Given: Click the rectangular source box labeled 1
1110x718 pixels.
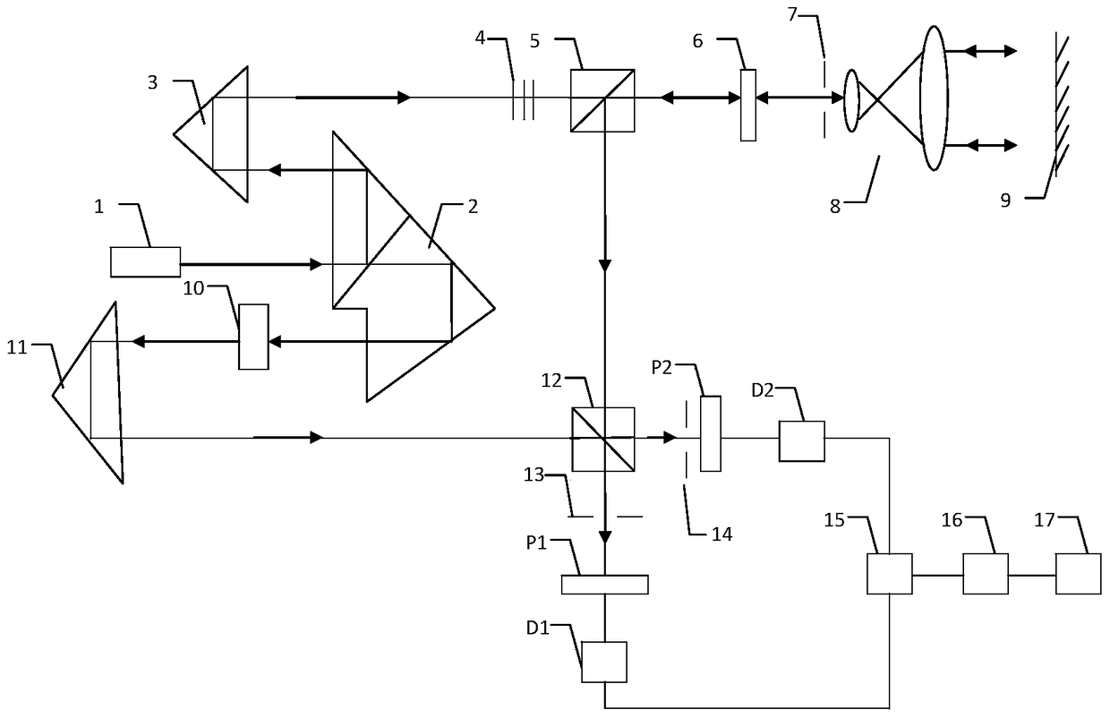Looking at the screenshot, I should (145, 261).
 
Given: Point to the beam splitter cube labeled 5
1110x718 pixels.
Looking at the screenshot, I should (602, 100).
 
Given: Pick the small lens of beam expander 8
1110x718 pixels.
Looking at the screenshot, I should (851, 98).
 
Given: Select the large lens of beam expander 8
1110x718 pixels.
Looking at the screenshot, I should (933, 98).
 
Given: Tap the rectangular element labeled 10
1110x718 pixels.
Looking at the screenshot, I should (253, 337).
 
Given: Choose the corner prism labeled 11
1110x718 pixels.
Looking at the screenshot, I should (90, 394).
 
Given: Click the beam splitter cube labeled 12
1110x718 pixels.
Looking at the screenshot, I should (602, 439).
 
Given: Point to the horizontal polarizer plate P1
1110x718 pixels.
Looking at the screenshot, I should (604, 584).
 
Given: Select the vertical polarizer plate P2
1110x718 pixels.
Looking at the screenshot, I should (710, 433).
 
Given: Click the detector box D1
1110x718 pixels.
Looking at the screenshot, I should (604, 662).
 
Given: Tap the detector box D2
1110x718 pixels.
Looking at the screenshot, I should (801, 440).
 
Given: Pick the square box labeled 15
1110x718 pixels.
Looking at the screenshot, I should (889, 573).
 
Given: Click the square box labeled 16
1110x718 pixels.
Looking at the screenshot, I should (986, 573).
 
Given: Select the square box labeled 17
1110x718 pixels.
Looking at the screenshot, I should (1078, 573).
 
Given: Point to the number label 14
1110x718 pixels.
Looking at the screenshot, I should (721, 534).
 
